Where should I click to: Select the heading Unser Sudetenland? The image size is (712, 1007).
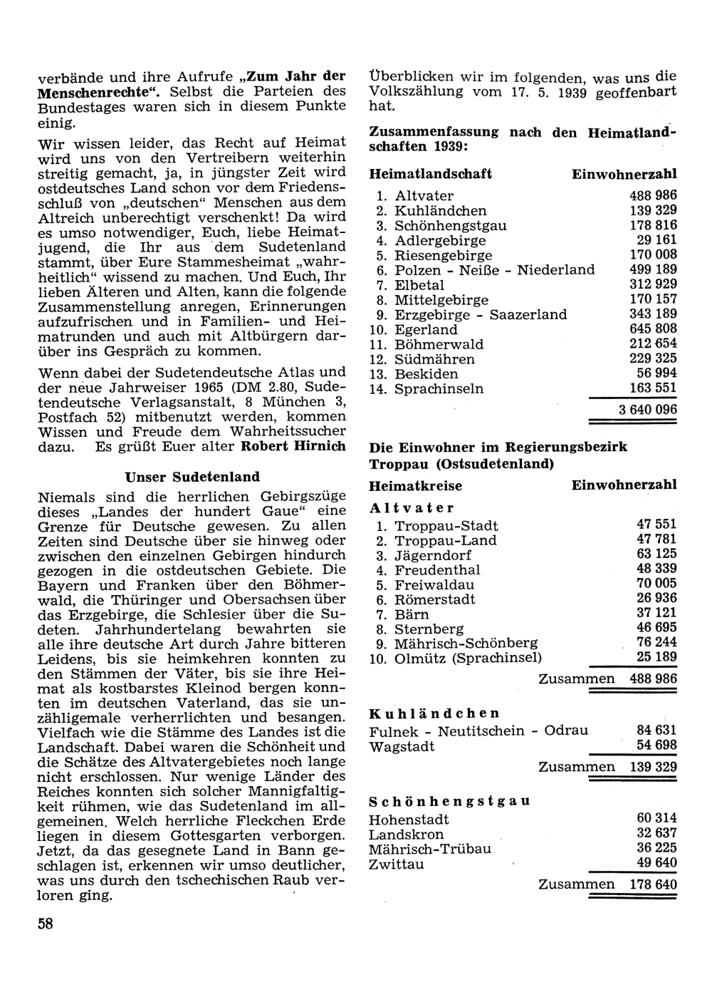pyautogui.click(x=192, y=477)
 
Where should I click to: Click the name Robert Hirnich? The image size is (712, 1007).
pyautogui.click(x=293, y=447)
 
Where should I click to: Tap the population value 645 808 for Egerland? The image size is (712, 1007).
pyautogui.click(x=653, y=329)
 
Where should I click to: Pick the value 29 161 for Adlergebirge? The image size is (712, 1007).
pyautogui.click(x=657, y=240)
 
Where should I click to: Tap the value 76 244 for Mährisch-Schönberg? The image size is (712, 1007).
pyautogui.click(x=657, y=643)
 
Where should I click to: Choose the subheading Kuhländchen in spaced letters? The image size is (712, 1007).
pyautogui.click(x=434, y=713)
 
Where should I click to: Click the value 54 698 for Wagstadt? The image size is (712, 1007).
pyautogui.click(x=657, y=745)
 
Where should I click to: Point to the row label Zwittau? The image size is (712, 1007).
pyautogui.click(x=397, y=864)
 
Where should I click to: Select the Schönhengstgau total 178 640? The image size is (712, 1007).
pyautogui.click(x=653, y=884)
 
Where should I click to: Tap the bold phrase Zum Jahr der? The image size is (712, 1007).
pyautogui.click(x=295, y=76)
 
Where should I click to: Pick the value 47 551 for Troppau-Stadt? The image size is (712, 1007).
pyautogui.click(x=657, y=525)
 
